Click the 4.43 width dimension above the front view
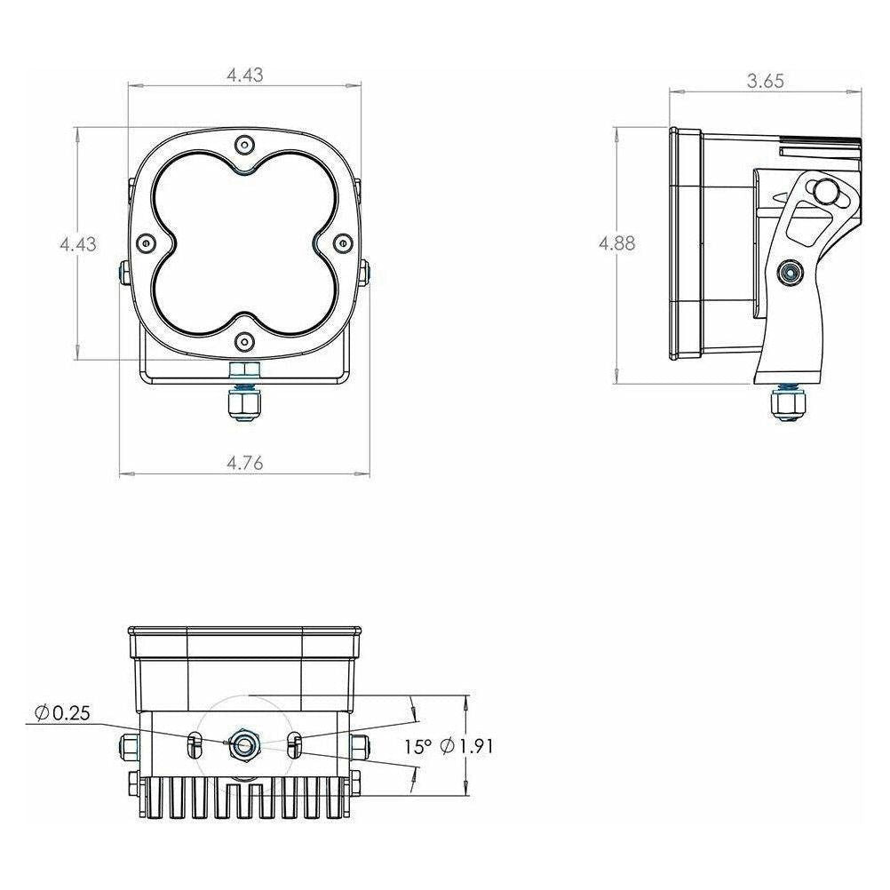coord(244,75)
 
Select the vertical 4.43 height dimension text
coord(78,244)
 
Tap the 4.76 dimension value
coord(244,462)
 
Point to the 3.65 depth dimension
coord(765,81)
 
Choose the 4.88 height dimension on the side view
coord(616,244)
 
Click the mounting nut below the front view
coord(242,404)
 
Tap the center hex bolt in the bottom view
coord(242,744)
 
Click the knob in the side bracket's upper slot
coord(828,190)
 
